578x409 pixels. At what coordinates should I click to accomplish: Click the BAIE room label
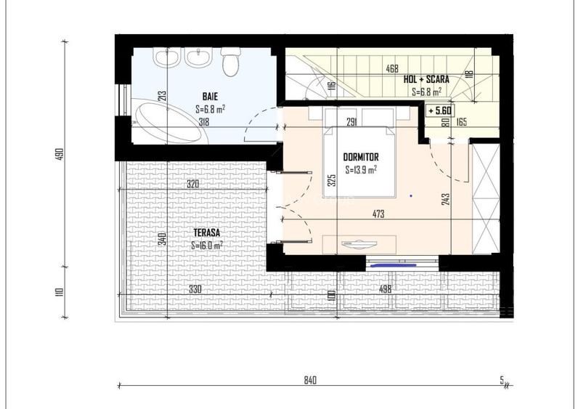click(211, 95)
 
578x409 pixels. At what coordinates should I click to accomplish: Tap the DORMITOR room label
click(361, 156)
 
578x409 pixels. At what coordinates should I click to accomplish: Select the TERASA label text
click(207, 233)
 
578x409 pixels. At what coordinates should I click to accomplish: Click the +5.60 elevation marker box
click(440, 111)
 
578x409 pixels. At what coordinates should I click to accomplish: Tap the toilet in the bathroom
click(231, 61)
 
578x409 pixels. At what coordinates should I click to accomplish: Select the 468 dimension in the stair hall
click(391, 70)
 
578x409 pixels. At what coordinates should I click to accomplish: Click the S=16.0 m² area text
click(207, 246)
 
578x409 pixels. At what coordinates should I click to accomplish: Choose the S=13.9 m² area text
click(360, 171)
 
